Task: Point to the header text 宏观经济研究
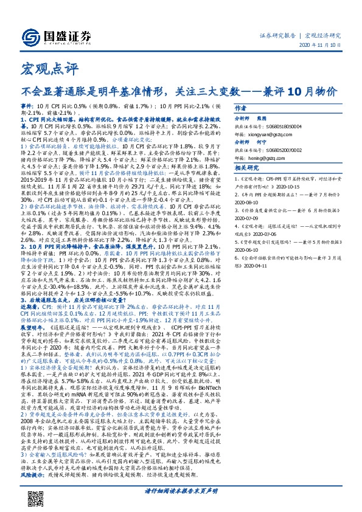(322, 35)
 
